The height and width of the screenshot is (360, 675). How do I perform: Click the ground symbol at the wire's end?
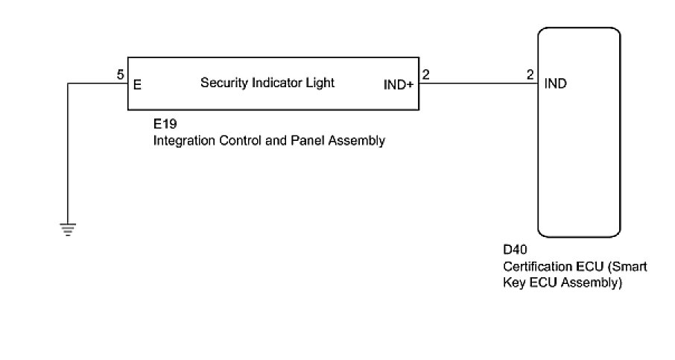68,230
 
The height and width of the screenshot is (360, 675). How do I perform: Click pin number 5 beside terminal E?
120,75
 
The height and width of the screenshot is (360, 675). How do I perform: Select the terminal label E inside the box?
137,84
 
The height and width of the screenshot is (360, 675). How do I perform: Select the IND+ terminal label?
398,84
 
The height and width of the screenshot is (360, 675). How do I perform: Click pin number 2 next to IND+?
425,75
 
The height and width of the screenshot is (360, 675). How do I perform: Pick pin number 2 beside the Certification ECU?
530,75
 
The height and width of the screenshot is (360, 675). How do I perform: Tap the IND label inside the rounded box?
556,83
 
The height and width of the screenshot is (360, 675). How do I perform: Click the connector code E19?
165,124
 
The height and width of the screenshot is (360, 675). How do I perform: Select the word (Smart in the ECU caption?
627,267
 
